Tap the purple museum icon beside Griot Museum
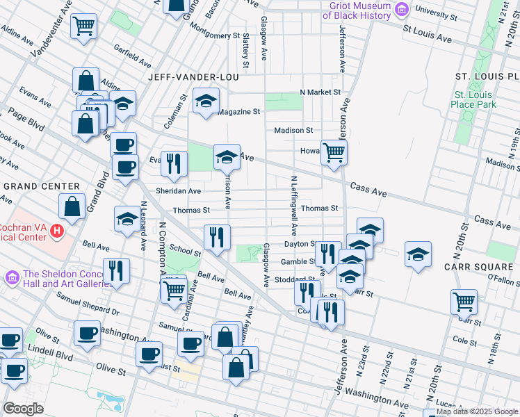[x=401, y=10]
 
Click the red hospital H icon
[x=57, y=229]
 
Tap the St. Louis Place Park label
[x=474, y=99]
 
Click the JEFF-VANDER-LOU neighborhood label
[x=193, y=77]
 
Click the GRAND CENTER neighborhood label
[x=42, y=186]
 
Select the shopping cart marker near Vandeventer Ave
[x=84, y=26]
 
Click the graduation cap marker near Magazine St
[x=206, y=101]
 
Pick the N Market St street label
[x=320, y=92]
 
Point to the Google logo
[x=23, y=409]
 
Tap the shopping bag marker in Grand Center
[x=72, y=206]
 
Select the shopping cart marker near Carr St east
[x=464, y=302]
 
